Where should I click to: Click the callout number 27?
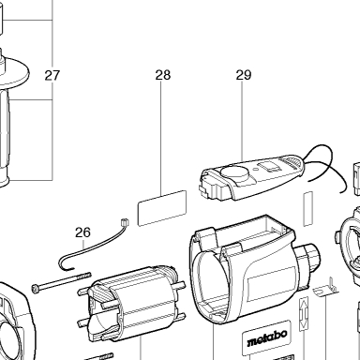(x=52, y=75)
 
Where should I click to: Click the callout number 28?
(x=163, y=75)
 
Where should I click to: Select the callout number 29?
(x=244, y=75)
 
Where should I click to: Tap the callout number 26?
(x=82, y=232)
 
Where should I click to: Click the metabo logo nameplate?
(x=265, y=337)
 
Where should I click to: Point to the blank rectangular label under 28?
(x=162, y=208)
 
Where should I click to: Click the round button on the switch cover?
(x=234, y=173)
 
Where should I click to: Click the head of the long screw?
(x=36, y=288)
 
